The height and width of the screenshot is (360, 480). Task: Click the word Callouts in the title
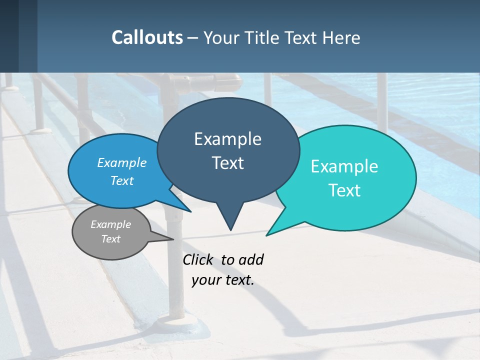click(x=147, y=37)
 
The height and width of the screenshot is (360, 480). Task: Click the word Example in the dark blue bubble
click(x=227, y=139)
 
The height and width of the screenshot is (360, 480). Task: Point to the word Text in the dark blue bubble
click(x=227, y=163)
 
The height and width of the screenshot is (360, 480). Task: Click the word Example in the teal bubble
click(x=344, y=166)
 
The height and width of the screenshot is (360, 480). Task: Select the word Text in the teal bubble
click(x=344, y=190)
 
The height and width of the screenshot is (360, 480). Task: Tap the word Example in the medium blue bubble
click(x=122, y=162)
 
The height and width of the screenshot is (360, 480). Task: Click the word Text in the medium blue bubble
click(x=122, y=180)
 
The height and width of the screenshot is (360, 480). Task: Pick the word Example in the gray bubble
click(x=110, y=224)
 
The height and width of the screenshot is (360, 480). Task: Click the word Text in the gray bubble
click(x=110, y=239)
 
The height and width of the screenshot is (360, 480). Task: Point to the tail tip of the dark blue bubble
click(x=230, y=229)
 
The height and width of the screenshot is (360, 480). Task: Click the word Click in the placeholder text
click(x=198, y=260)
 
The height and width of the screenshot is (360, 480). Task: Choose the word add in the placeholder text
click(x=250, y=260)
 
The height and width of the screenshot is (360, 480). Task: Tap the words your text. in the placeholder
click(x=223, y=280)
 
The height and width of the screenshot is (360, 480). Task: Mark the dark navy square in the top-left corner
click(x=9, y=36)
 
